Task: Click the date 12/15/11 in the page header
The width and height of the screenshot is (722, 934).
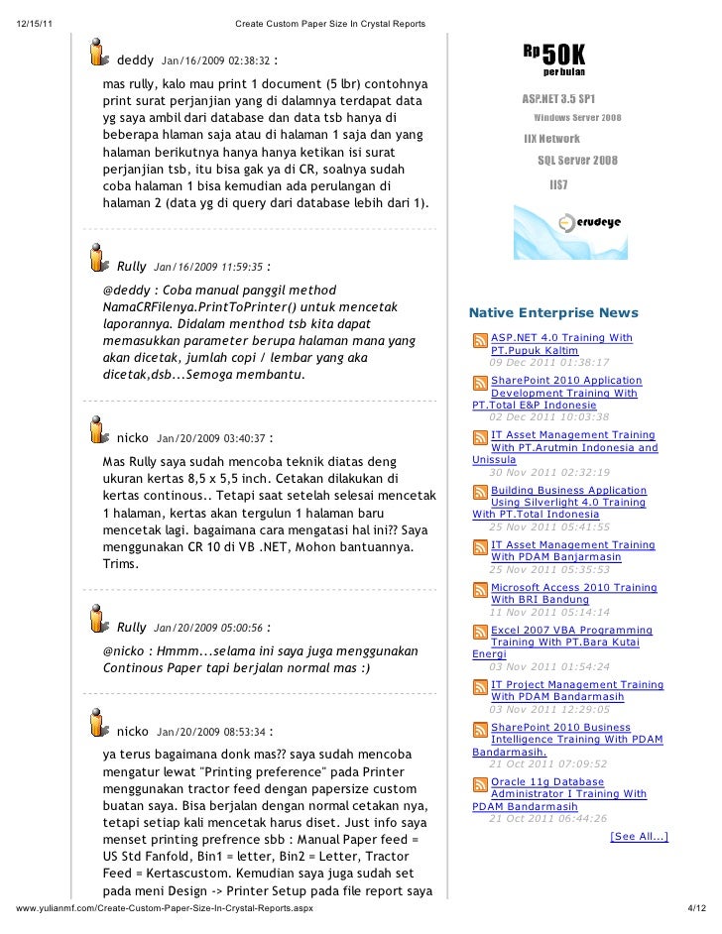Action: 36,24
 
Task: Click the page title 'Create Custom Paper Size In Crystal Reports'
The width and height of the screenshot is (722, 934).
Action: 330,24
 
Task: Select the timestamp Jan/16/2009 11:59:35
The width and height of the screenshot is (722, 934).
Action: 208,267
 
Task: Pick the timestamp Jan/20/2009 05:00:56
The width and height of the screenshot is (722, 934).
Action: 208,628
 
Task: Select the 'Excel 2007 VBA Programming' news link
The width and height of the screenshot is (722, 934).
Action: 571,630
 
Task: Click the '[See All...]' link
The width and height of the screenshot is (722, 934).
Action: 639,837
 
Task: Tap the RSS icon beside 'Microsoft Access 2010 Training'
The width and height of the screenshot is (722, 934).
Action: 480,590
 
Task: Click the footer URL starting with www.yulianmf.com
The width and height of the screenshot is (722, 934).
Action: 164,909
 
